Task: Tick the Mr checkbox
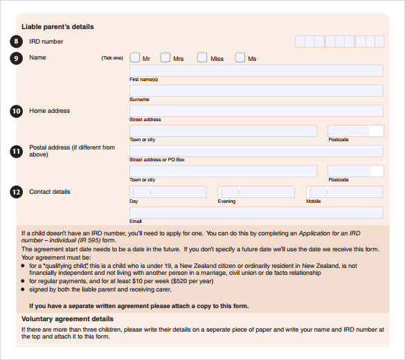135,58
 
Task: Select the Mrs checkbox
165,58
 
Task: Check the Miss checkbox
202,58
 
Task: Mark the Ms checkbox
240,58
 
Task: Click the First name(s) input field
256,71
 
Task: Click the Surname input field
256,91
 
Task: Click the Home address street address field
256,111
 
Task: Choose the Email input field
256,213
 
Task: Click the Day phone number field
168,192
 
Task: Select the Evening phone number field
256,192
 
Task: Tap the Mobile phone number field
345,192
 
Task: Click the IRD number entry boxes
339,42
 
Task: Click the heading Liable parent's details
57,27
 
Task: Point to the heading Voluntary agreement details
67,318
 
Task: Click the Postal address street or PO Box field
256,151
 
